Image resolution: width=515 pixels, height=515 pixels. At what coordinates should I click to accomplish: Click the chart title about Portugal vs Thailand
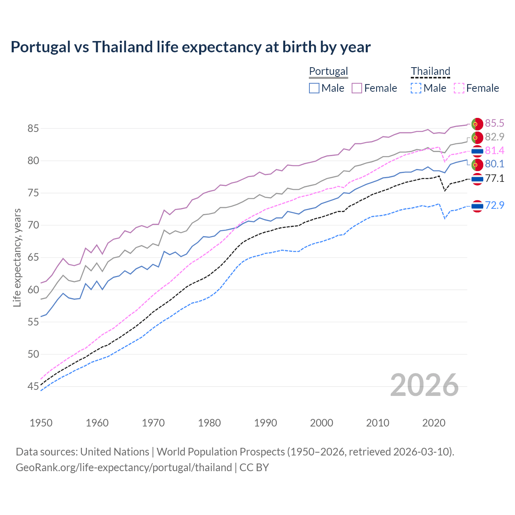click(x=190, y=47)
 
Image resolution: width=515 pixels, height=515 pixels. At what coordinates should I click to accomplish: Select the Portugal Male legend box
click(x=314, y=88)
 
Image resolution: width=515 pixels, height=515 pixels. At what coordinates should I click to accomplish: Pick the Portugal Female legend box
click(x=357, y=88)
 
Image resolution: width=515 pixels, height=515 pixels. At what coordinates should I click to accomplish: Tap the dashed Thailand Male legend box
click(x=416, y=88)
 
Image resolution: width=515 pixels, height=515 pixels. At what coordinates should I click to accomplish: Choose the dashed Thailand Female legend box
click(x=459, y=88)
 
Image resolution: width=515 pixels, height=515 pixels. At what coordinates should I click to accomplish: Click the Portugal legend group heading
click(x=328, y=71)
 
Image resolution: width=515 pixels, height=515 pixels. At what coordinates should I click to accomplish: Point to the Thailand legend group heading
click(x=430, y=71)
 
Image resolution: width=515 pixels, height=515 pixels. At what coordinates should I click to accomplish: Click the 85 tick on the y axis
click(x=33, y=129)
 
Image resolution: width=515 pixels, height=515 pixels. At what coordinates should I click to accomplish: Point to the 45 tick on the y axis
click(x=33, y=387)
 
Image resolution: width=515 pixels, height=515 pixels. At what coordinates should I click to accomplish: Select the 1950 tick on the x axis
click(x=41, y=423)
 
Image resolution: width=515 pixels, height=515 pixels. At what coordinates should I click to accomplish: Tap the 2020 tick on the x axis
click(x=434, y=423)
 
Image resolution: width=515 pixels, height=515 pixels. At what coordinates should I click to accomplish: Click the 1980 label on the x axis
click(x=209, y=423)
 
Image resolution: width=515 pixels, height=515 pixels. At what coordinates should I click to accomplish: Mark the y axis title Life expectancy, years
click(x=17, y=257)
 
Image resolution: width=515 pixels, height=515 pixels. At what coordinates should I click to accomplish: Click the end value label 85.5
click(x=494, y=123)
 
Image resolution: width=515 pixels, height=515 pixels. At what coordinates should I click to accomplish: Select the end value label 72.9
click(x=494, y=205)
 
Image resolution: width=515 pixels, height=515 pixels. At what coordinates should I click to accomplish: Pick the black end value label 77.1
click(x=494, y=178)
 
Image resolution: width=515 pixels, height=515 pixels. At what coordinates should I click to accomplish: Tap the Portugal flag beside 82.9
click(x=477, y=137)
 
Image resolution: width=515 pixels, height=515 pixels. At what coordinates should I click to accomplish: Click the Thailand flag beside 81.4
click(x=477, y=151)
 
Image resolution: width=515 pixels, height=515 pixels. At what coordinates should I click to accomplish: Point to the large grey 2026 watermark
click(x=424, y=385)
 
